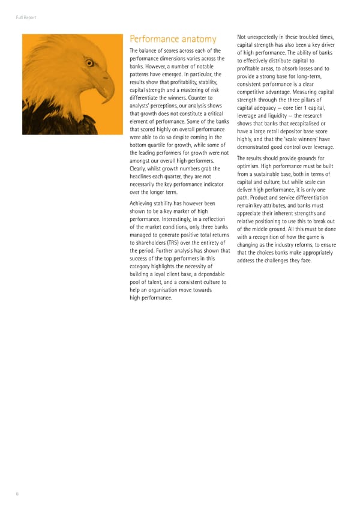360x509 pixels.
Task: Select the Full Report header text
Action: [26, 17]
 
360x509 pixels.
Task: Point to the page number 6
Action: [17, 493]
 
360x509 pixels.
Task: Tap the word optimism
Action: [251, 166]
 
